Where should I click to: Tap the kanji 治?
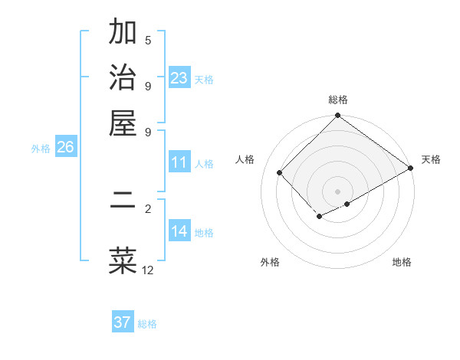[x=123, y=79]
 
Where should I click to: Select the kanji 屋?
[x=123, y=123]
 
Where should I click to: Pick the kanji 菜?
[x=123, y=260]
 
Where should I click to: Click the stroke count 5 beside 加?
[x=148, y=41]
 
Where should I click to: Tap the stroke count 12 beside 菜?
[x=148, y=270]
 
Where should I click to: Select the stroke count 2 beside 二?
[x=148, y=208]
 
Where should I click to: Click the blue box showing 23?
[x=179, y=78]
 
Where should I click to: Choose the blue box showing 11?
[x=179, y=162]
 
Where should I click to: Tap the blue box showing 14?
[x=179, y=231]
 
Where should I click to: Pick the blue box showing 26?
[x=66, y=148]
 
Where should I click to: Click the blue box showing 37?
[x=123, y=322]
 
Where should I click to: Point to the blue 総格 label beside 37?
[x=147, y=324]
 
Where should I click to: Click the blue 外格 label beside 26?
[x=41, y=149]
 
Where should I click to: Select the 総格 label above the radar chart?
[x=338, y=100]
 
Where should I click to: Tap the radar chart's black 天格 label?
[x=431, y=159]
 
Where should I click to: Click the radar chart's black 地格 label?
[x=402, y=262]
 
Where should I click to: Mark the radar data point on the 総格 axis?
[x=338, y=116]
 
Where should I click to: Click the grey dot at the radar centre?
[x=338, y=191]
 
